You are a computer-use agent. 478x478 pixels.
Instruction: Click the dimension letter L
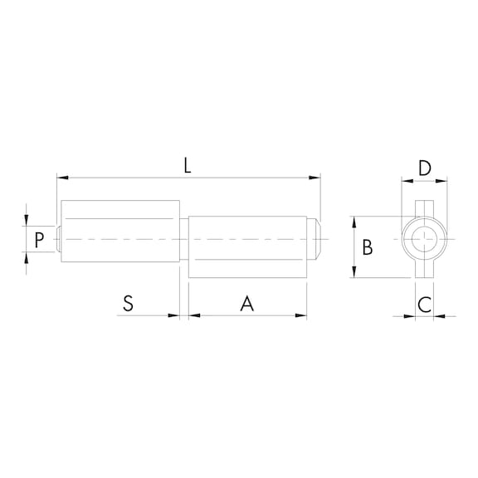(188, 165)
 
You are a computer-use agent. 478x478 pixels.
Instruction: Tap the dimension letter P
(39, 241)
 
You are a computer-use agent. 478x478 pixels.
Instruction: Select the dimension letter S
(128, 304)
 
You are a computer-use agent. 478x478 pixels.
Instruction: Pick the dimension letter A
(246, 304)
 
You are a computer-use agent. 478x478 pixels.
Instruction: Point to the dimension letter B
(368, 247)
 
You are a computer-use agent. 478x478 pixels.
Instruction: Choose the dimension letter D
(424, 168)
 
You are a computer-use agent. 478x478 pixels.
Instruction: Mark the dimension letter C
(424, 304)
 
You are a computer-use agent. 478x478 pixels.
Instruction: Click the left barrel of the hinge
(119, 240)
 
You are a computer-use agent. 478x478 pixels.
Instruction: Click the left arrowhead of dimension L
(61, 177)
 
